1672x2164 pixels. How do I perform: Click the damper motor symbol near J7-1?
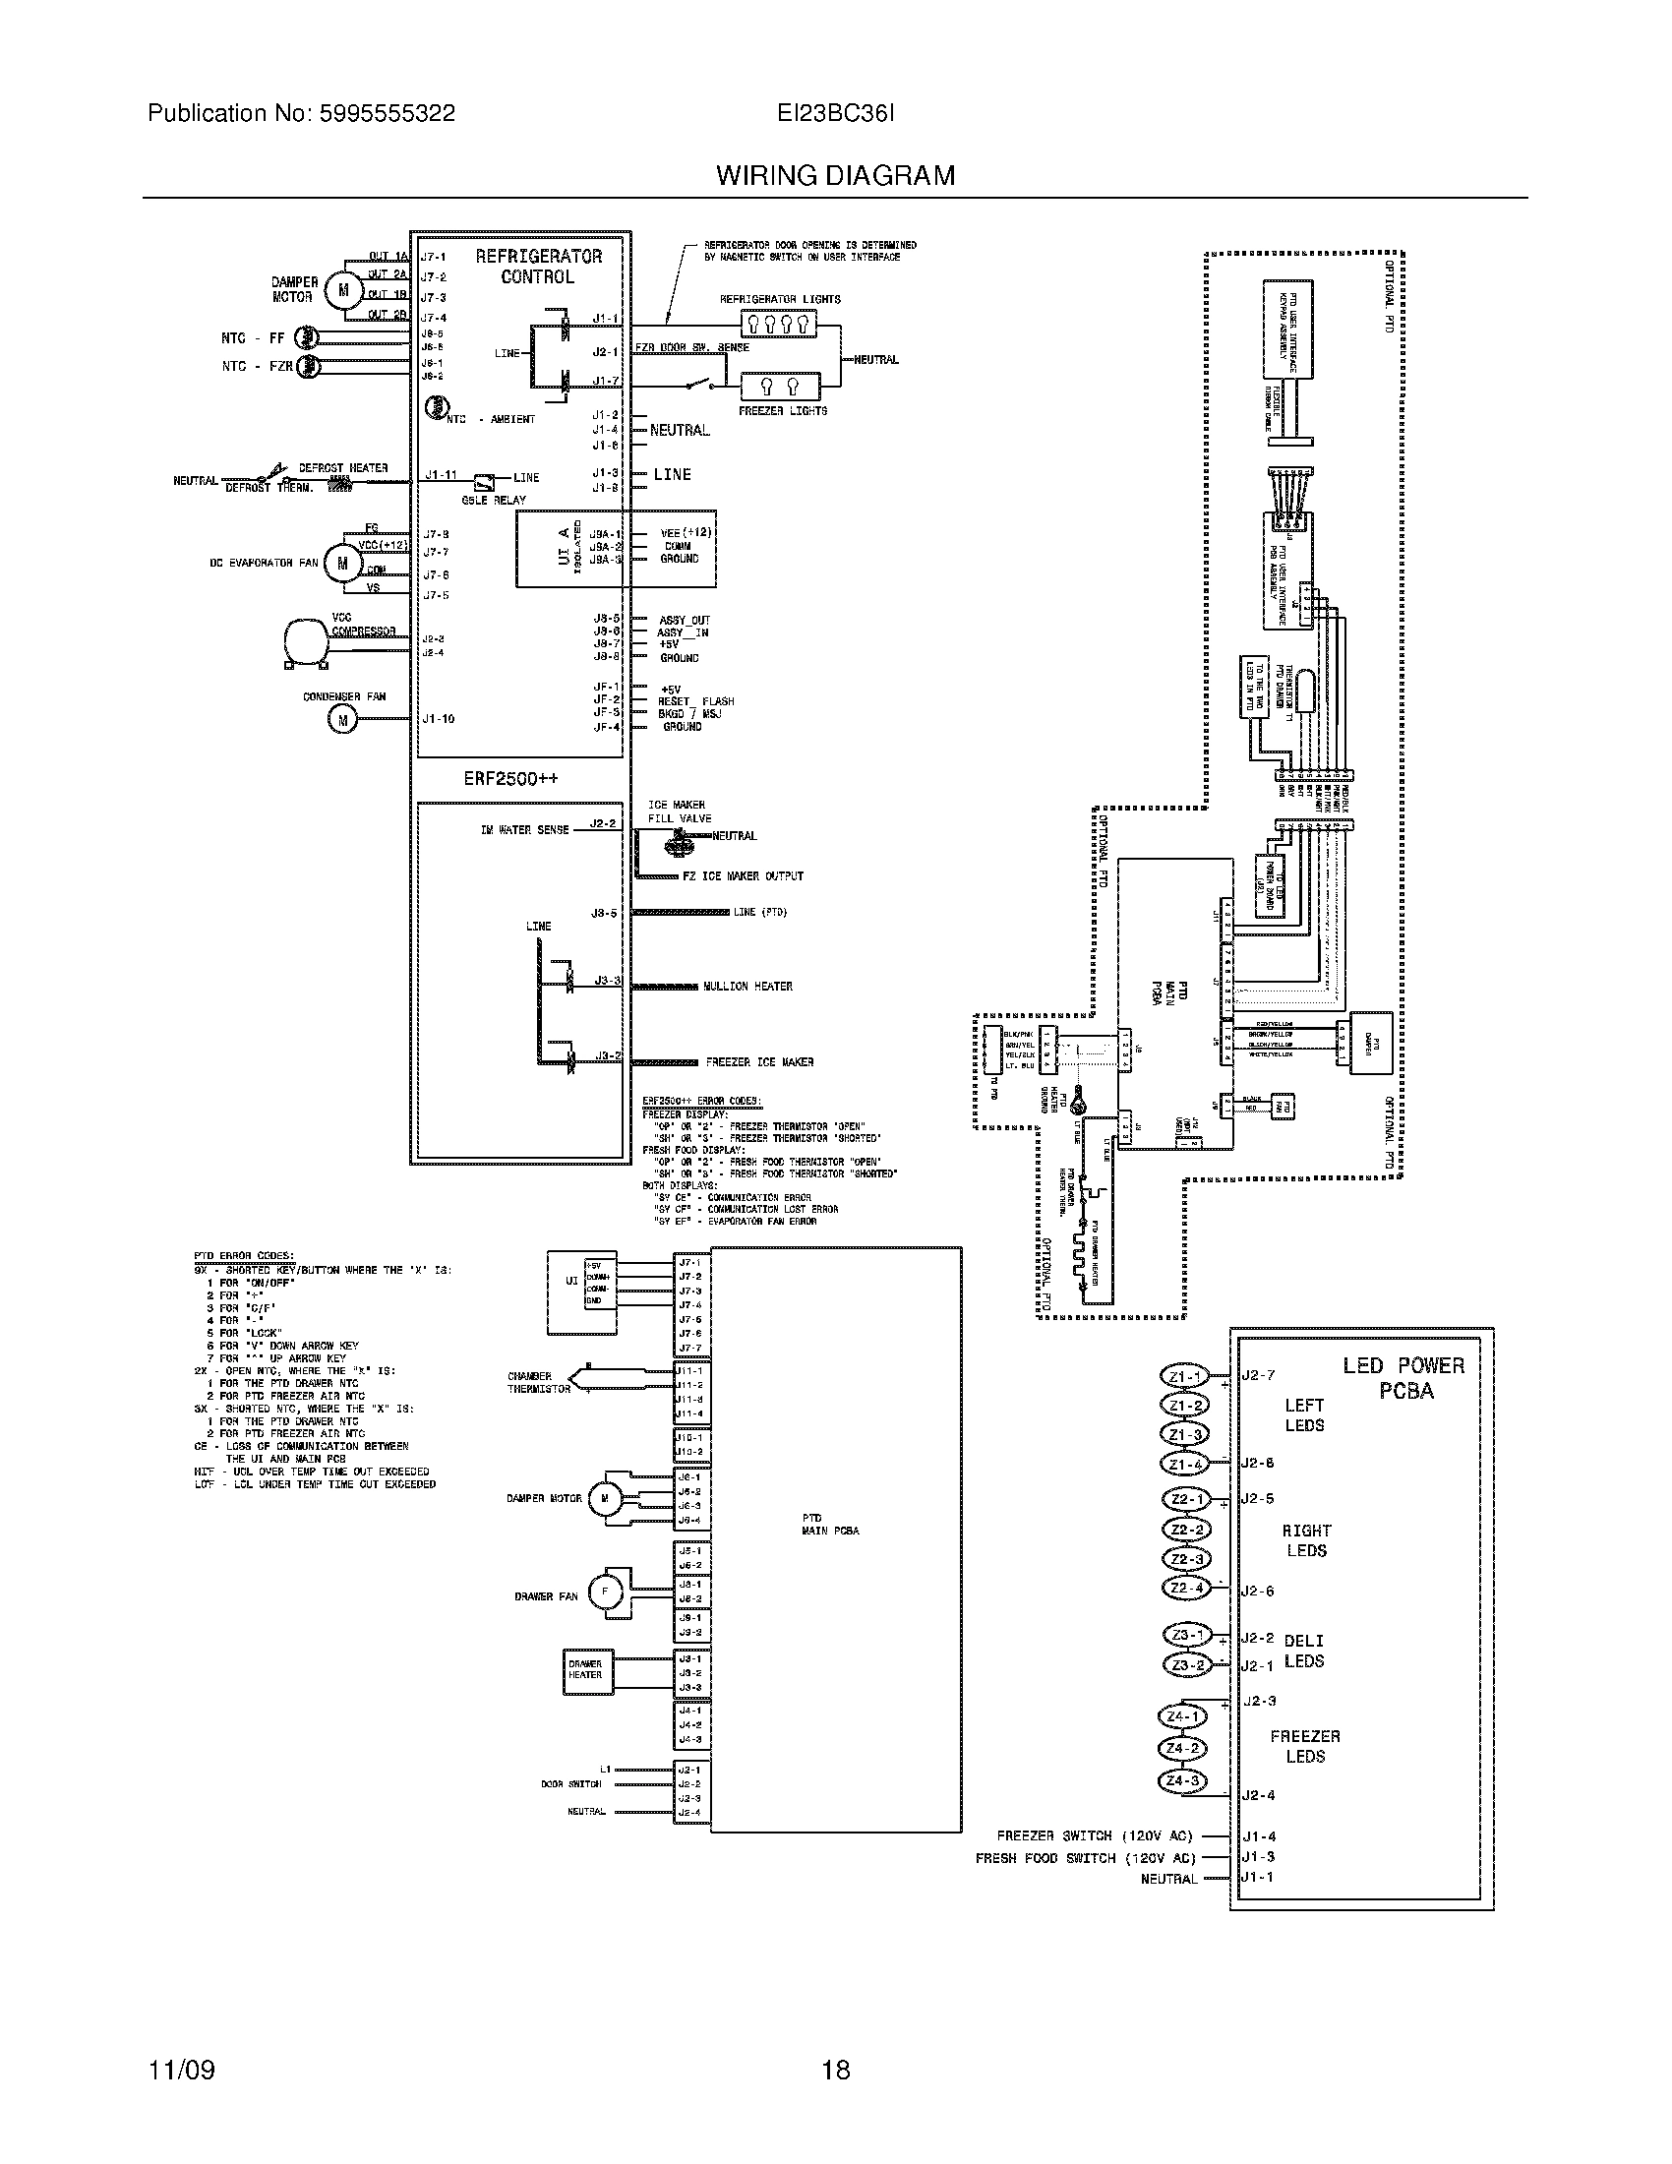(x=344, y=289)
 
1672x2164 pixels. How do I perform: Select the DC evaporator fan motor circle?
(x=342, y=563)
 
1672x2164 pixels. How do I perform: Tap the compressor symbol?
(x=305, y=640)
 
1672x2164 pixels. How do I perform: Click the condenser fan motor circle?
(x=342, y=720)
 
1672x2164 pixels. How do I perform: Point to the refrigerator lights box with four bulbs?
(x=779, y=323)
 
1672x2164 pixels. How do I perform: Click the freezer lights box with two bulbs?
(x=781, y=387)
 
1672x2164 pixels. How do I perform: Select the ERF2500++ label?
(x=510, y=779)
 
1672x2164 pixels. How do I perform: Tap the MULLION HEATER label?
(x=747, y=986)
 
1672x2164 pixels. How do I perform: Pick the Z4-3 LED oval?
(x=1182, y=1780)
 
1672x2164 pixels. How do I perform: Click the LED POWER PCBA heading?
(x=1403, y=1377)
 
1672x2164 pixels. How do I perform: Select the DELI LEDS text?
(x=1303, y=1651)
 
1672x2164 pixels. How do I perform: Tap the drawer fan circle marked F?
(x=604, y=1593)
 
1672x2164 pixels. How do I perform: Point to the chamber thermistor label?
(x=539, y=1382)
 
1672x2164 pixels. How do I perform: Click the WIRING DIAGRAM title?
(x=835, y=175)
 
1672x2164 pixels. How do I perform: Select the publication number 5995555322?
(x=387, y=113)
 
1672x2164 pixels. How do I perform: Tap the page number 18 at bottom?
(x=835, y=2070)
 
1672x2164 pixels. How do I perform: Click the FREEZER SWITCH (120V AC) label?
(x=1095, y=1835)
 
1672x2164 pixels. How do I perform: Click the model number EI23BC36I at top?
(x=835, y=113)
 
